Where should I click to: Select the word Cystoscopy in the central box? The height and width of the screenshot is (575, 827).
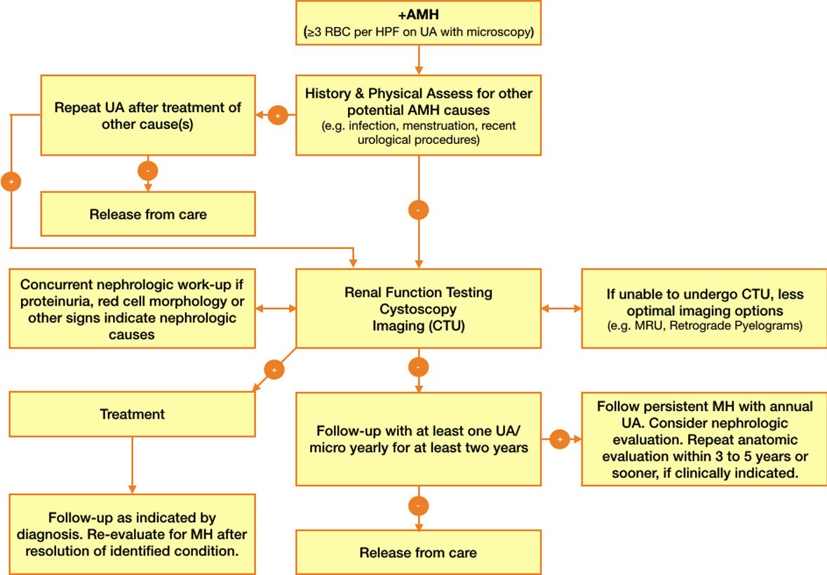[418, 309]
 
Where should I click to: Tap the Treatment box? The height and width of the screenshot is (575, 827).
[132, 414]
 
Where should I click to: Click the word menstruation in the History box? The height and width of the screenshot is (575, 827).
[422, 127]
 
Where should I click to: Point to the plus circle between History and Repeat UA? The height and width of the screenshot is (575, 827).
[278, 115]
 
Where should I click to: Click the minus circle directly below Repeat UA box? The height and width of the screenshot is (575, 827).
[148, 170]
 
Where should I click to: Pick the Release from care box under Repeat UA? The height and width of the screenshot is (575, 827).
[148, 215]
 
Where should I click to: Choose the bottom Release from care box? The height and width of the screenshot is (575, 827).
[418, 553]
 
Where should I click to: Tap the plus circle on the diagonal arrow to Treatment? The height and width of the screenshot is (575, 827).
[274, 369]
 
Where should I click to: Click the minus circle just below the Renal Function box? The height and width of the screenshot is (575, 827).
[418, 367]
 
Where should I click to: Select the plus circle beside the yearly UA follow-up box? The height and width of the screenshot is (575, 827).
[560, 440]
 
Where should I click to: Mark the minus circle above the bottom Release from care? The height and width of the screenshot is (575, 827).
[418, 506]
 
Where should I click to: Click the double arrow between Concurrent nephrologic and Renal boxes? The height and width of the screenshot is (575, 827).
[276, 308]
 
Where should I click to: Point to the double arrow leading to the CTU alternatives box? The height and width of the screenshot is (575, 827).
[561, 308]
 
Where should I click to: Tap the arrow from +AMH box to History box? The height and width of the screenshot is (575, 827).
[419, 60]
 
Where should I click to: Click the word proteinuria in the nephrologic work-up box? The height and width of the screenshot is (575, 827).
[58, 302]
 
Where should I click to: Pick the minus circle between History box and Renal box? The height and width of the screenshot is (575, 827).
[418, 210]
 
